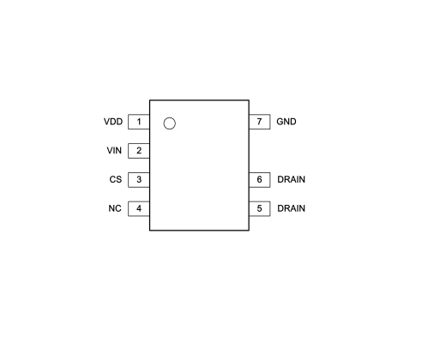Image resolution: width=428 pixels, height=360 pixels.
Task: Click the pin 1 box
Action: [x=139, y=122]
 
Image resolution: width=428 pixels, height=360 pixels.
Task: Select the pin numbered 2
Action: [x=139, y=151]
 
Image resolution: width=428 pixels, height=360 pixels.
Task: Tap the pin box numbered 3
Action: [x=139, y=180]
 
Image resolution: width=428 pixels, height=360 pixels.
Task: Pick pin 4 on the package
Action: [x=139, y=208]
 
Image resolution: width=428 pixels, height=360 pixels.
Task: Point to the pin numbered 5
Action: [x=260, y=208]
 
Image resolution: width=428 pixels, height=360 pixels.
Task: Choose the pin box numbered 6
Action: [x=260, y=180]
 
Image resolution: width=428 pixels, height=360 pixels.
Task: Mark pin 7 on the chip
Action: [x=260, y=122]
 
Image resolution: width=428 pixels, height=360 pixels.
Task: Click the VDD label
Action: [x=113, y=122]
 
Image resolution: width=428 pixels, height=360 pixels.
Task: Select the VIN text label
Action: [x=114, y=151]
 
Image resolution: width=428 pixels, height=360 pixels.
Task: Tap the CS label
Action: [x=116, y=179]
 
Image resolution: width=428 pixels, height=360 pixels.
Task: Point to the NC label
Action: [x=115, y=208]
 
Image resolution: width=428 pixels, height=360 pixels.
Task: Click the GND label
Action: [x=286, y=122]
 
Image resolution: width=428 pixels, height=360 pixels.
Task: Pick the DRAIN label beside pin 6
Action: [x=292, y=179]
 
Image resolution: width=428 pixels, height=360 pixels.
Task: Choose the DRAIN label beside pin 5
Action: [x=292, y=208]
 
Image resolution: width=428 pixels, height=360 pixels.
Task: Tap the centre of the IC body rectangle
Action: [x=199, y=165]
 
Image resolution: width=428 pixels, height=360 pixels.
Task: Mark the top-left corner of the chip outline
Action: [x=149, y=100]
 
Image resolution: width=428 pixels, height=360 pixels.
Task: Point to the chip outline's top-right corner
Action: [x=249, y=100]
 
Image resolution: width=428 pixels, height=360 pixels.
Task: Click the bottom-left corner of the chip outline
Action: [x=149, y=231]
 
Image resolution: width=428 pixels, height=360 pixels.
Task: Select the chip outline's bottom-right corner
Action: [x=249, y=231]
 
